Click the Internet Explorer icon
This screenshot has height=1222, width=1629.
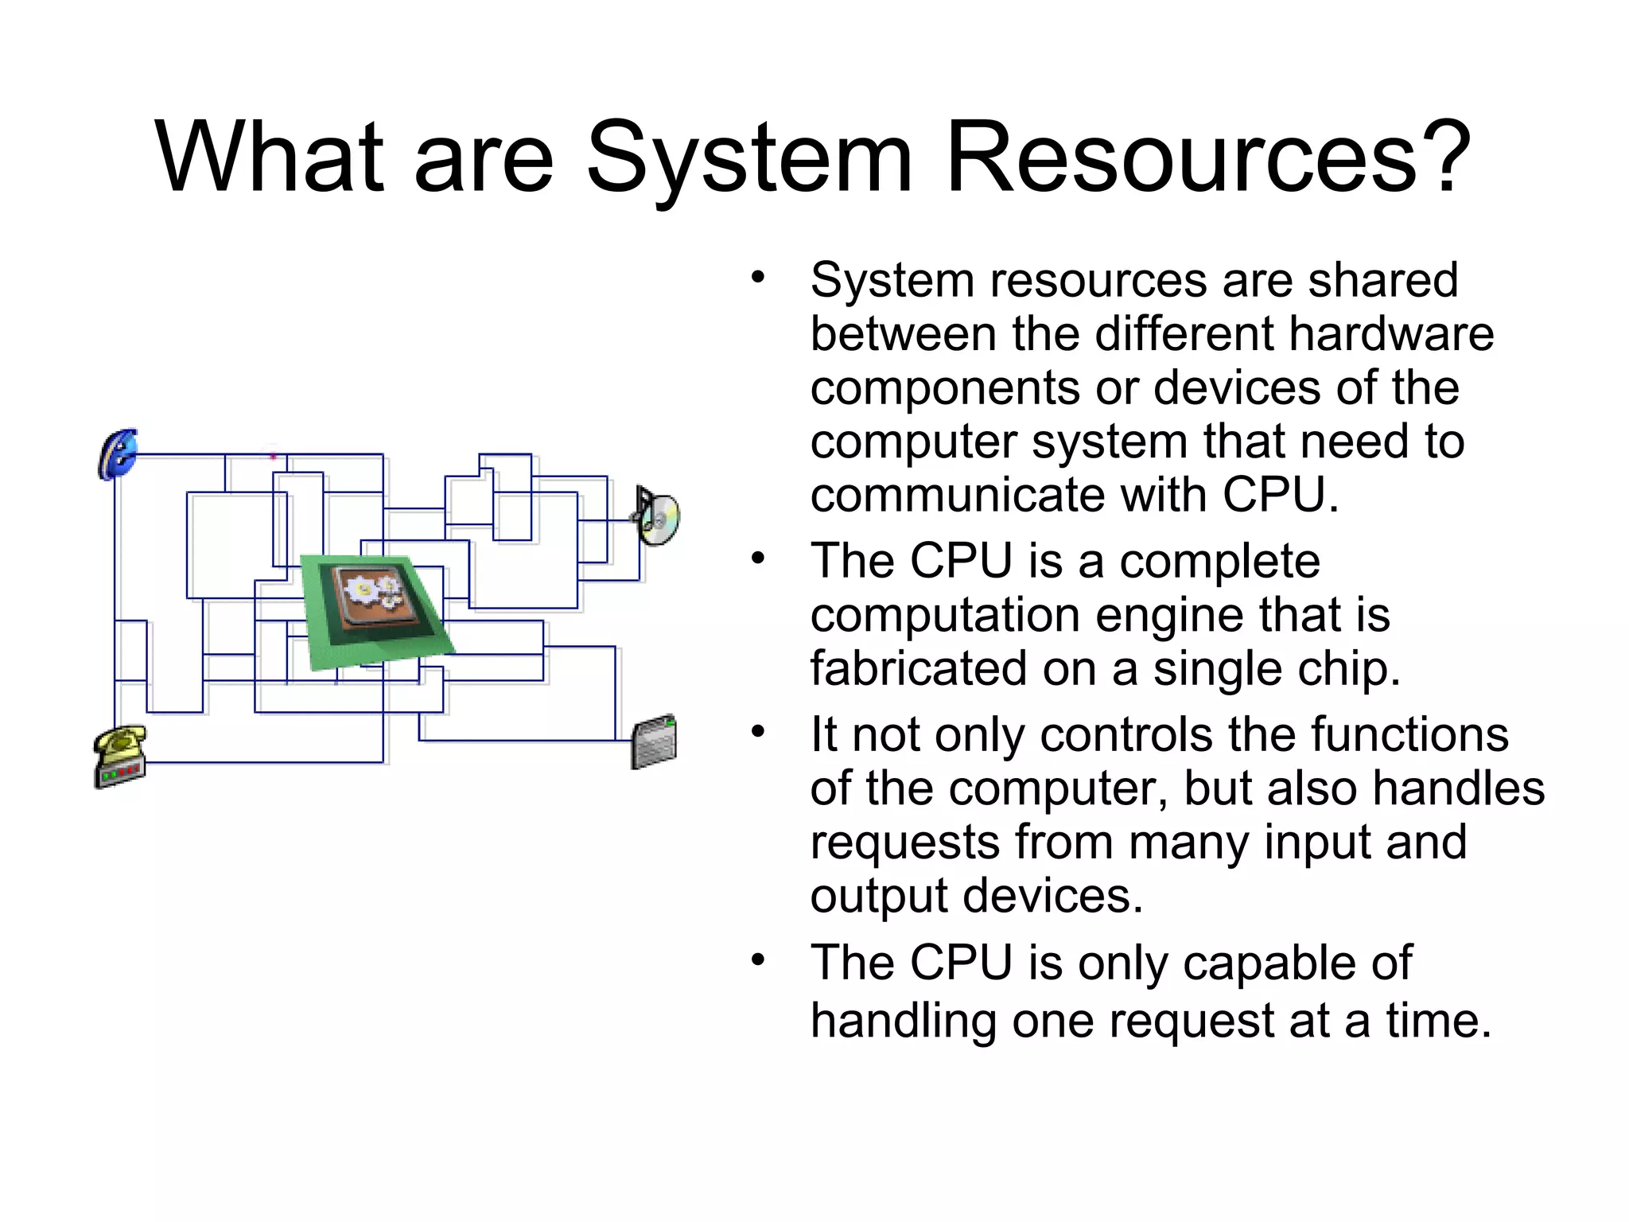click(x=118, y=455)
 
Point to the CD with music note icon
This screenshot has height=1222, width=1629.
click(x=657, y=516)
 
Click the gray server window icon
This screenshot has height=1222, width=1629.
click(x=654, y=741)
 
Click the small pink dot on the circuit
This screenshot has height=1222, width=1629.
click(x=273, y=456)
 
